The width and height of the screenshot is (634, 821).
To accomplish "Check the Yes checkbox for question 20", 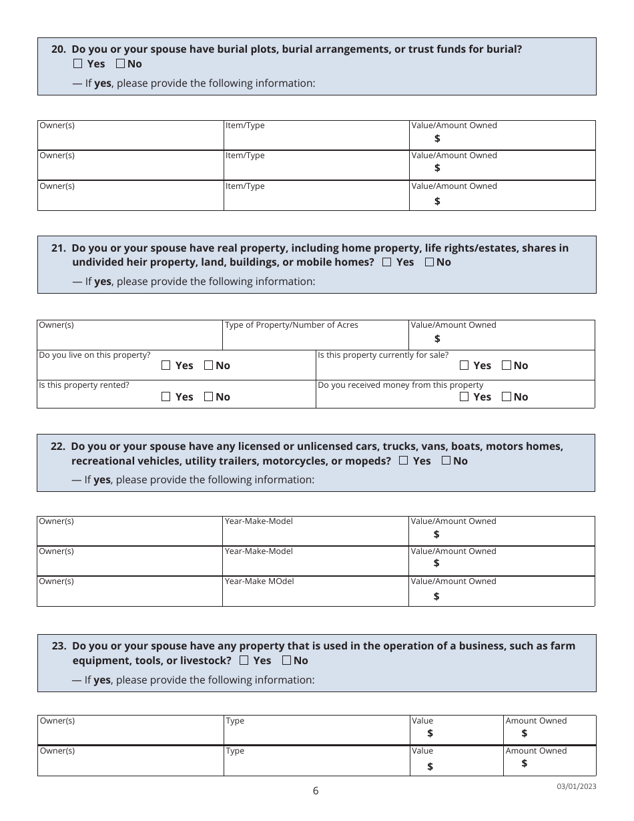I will pyautogui.click(x=78, y=64).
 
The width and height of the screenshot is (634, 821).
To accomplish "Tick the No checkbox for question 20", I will pyautogui.click(x=120, y=64).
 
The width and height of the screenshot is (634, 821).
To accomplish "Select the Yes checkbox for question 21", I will pyautogui.click(x=387, y=262).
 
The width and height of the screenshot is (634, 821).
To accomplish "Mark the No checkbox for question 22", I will pyautogui.click(x=446, y=461).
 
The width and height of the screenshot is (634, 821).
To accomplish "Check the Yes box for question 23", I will pyautogui.click(x=244, y=660).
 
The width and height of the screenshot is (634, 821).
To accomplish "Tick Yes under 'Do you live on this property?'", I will pyautogui.click(x=166, y=366).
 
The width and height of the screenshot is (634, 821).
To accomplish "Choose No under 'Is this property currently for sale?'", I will pyautogui.click(x=507, y=366).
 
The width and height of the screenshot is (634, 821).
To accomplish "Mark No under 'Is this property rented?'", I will pyautogui.click(x=208, y=397).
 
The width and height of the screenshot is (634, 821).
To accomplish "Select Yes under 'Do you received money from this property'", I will pyautogui.click(x=464, y=397).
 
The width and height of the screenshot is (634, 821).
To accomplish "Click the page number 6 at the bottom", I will pyautogui.click(x=316, y=791).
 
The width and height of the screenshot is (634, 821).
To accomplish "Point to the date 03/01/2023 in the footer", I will pyautogui.click(x=577, y=786).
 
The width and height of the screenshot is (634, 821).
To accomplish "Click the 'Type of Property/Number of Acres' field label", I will pyautogui.click(x=291, y=325).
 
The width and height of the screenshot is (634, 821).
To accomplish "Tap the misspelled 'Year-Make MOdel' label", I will pyautogui.click(x=259, y=581).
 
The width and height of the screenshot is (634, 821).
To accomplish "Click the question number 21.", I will pyautogui.click(x=58, y=248).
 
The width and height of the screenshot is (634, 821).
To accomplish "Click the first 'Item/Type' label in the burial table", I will pyautogui.click(x=245, y=125).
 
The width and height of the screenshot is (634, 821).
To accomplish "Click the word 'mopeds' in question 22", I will pyautogui.click(x=368, y=461).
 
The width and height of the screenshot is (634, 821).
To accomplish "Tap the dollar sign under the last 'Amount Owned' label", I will pyautogui.click(x=525, y=763).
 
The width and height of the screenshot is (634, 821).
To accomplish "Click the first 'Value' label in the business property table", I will pyautogui.click(x=422, y=721).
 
